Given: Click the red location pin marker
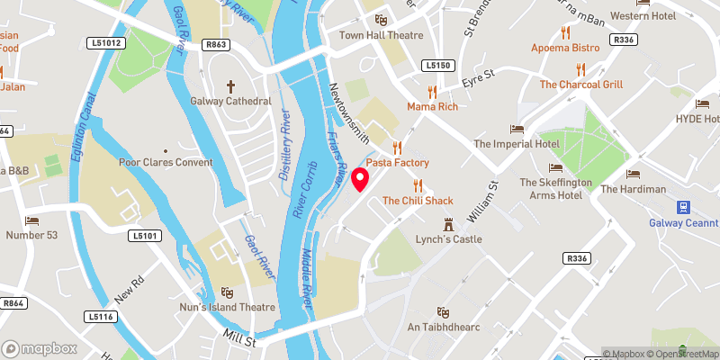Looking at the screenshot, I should (361, 179).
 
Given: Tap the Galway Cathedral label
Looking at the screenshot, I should (229, 101).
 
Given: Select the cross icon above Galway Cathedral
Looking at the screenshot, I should (229, 86).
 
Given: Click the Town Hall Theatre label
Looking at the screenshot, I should (381, 35).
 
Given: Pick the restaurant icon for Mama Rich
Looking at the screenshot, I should (433, 91).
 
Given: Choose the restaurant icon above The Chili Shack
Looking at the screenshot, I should (416, 184).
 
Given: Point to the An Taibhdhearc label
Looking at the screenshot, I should (441, 326).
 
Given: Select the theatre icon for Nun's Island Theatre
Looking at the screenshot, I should (227, 292).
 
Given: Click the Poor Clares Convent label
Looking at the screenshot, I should (166, 162).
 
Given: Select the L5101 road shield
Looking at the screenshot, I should (143, 236).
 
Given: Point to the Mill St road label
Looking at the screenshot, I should (240, 340).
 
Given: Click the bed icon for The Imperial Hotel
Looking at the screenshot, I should (517, 129).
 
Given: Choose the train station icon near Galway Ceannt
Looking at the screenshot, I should (682, 206).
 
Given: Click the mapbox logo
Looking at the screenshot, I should (39, 348).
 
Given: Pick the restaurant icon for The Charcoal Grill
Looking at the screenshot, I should (580, 68).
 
